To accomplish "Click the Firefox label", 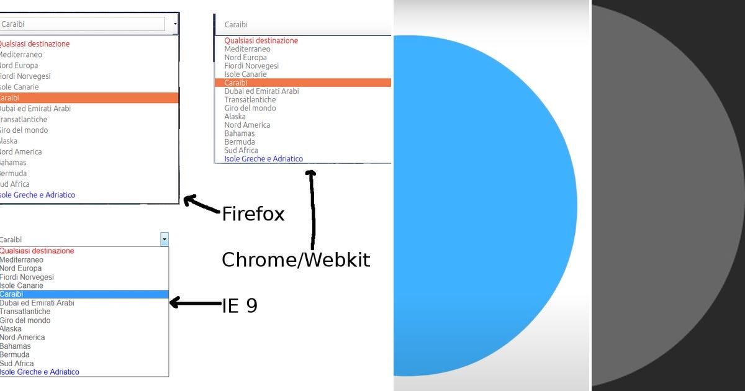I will [253, 214].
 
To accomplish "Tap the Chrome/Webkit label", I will [296, 259].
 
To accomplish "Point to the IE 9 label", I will [240, 305].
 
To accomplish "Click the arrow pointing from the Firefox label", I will [202, 205].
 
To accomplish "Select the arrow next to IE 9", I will [195, 303].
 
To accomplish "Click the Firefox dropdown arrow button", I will [175, 24].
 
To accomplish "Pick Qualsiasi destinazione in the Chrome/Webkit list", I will [261, 40].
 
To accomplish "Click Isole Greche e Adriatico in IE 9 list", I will [40, 372].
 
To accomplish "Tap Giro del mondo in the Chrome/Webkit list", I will [250, 108].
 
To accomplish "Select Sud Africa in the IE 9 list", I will [17, 363].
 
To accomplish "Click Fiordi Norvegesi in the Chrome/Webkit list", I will [251, 66].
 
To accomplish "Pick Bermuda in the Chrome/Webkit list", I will [240, 142].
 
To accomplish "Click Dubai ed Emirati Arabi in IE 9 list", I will [37, 303].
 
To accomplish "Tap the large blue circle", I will [484, 205].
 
